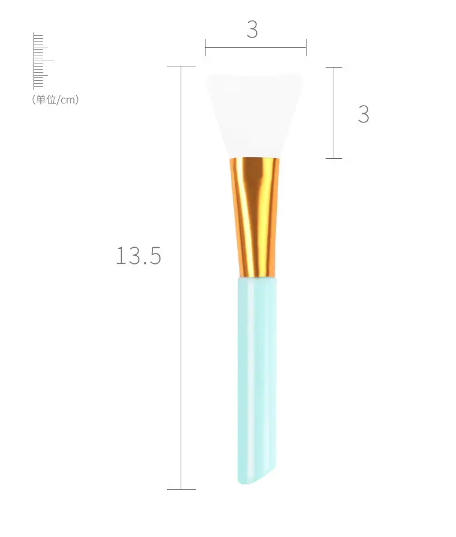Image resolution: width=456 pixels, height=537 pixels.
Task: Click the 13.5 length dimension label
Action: click(x=139, y=255)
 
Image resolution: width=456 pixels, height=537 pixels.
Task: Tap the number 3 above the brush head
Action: click(x=252, y=29)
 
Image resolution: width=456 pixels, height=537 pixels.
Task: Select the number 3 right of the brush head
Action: click(x=364, y=114)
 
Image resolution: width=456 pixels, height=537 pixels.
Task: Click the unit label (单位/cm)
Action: click(x=55, y=100)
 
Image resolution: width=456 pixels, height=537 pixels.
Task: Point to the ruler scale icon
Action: click(x=43, y=61)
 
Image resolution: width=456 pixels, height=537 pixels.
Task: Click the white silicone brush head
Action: click(x=255, y=115)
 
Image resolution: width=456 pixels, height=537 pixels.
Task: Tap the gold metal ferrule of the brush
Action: click(x=255, y=217)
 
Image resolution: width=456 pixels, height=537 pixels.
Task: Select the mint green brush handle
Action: click(x=257, y=380)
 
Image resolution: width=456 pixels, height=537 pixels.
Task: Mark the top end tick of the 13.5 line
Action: click(x=181, y=66)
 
